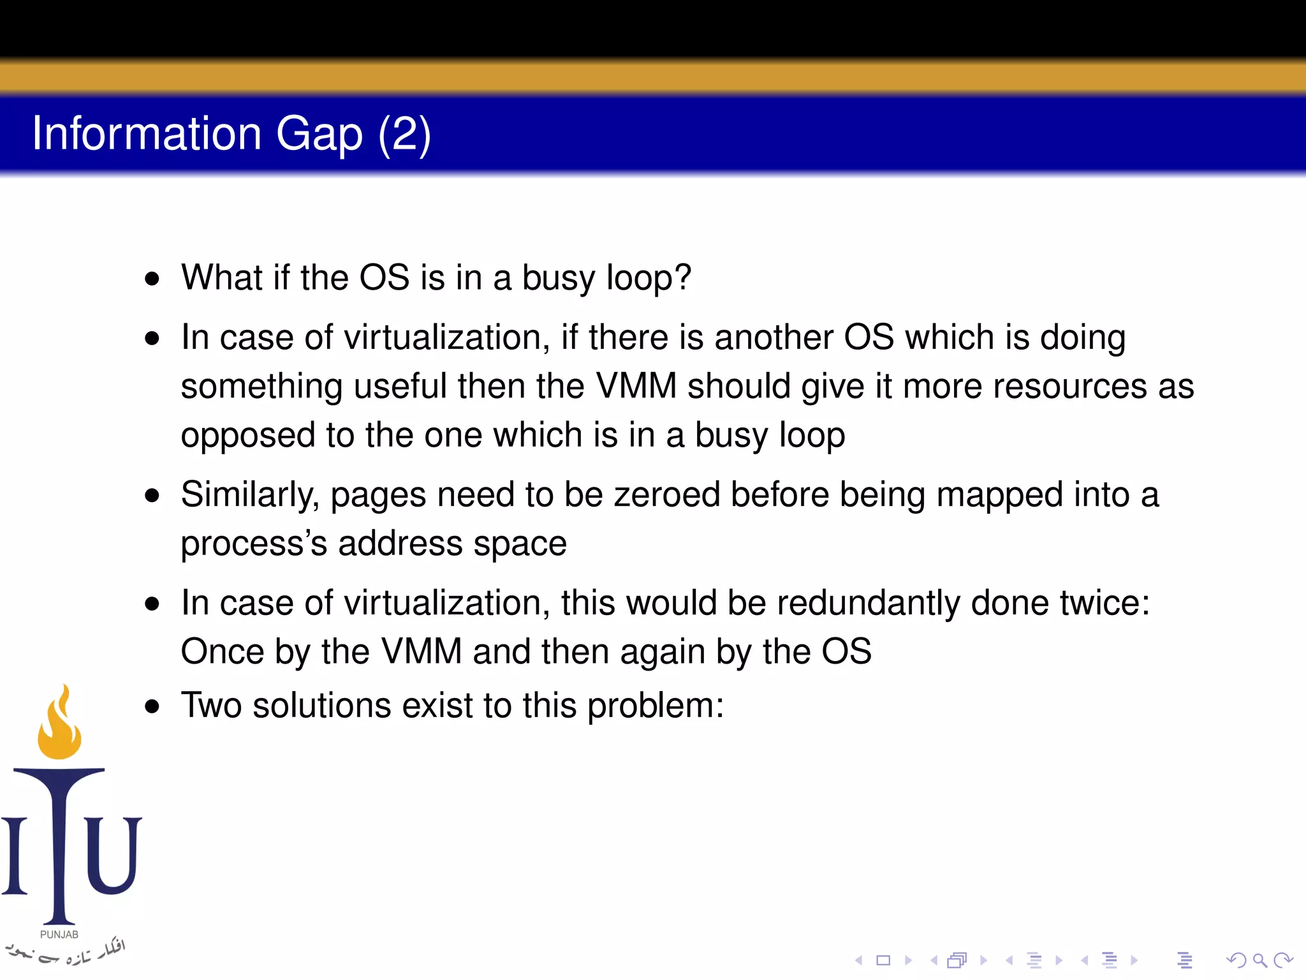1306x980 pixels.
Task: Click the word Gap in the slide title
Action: [x=319, y=135]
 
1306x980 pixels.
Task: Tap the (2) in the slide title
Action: [x=404, y=135]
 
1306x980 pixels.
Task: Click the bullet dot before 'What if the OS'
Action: [x=152, y=279]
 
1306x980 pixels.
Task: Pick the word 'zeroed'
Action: [x=667, y=494]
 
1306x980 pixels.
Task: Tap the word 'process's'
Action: [x=254, y=544]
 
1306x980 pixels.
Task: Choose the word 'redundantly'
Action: [x=869, y=603]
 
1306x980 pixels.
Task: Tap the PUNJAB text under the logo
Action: [x=59, y=935]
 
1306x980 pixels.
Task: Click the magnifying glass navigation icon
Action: [x=1259, y=960]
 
